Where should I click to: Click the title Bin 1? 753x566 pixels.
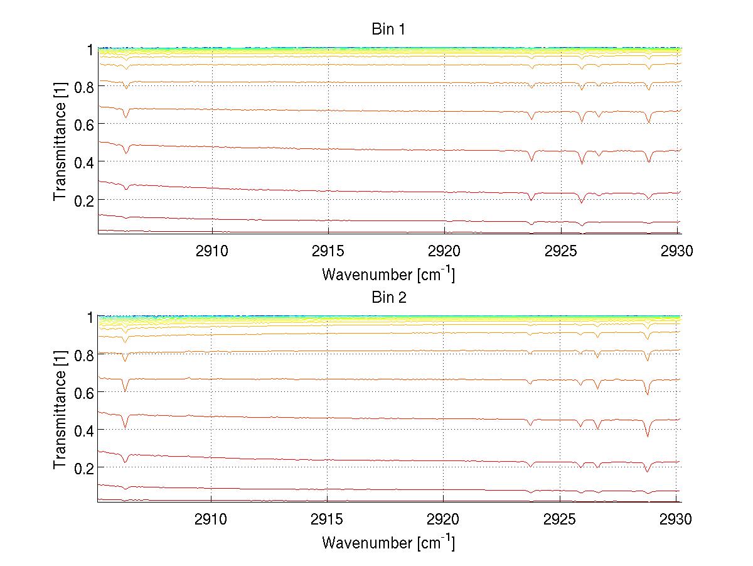(x=388, y=29)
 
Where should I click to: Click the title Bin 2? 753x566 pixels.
(x=388, y=297)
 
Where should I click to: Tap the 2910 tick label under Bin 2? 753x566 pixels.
(x=211, y=520)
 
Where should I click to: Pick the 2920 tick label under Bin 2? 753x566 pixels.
(x=444, y=520)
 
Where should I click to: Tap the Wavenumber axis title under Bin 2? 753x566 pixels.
(x=388, y=542)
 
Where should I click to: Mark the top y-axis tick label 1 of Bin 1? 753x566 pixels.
(x=90, y=49)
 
